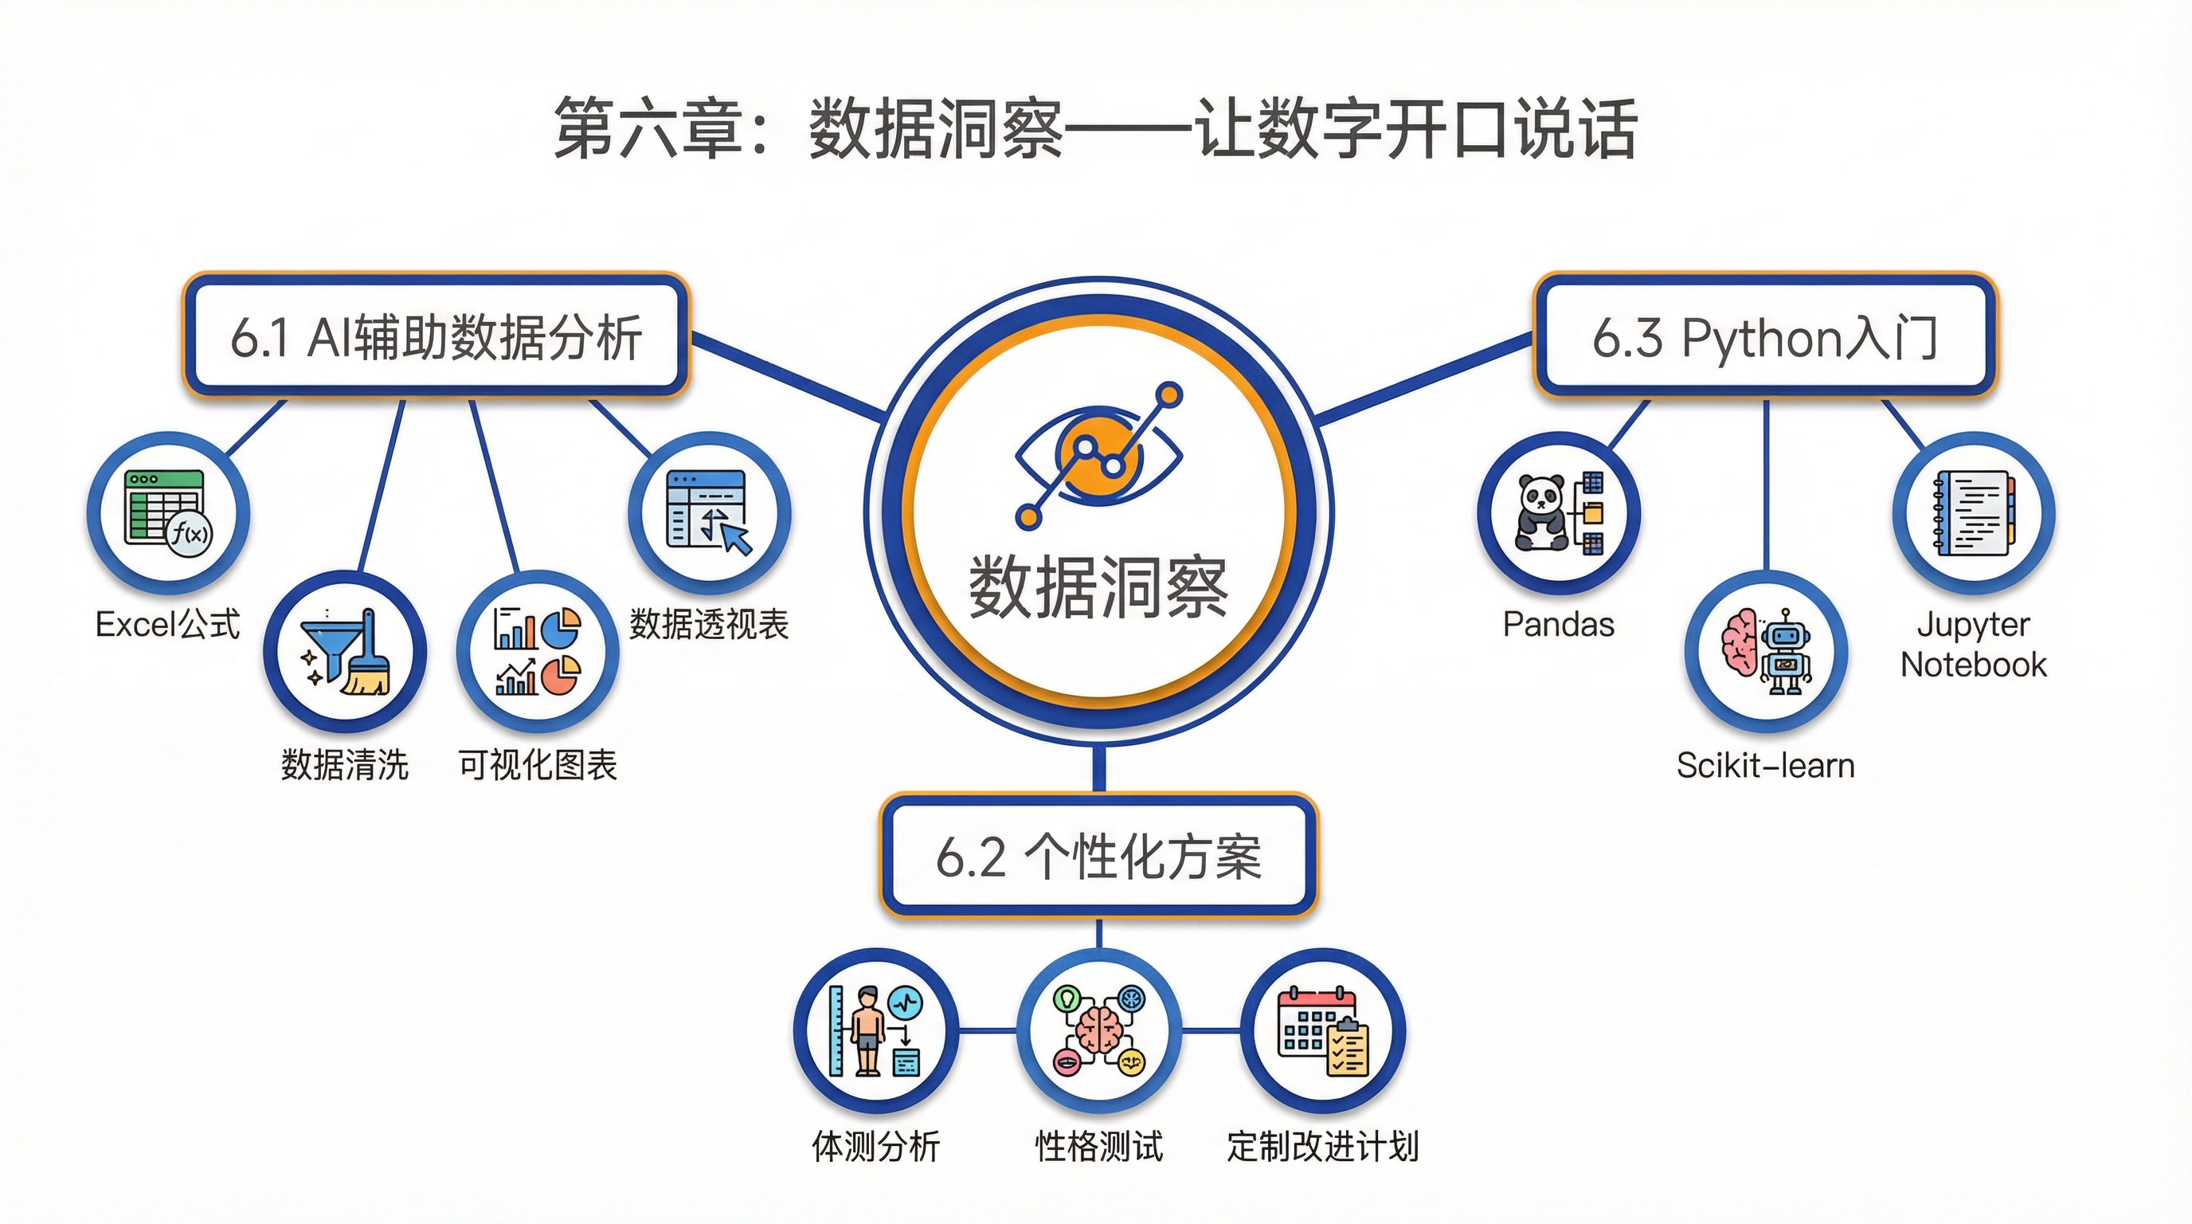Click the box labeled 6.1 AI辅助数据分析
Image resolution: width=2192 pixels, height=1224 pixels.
point(436,336)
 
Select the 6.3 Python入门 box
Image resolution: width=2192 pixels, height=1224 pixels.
point(1765,336)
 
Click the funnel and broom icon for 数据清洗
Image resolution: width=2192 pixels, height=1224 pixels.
point(345,652)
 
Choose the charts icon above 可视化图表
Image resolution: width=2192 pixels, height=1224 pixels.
point(537,652)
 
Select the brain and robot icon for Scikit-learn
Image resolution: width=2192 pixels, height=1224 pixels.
point(1767,652)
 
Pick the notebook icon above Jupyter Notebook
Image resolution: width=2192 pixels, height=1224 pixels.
point(1973,513)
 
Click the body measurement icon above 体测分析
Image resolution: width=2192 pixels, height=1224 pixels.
point(875,1031)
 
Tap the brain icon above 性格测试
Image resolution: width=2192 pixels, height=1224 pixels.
point(1099,1031)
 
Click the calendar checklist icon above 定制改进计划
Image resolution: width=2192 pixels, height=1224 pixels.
point(1322,1031)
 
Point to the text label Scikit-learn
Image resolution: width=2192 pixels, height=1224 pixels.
point(1766,766)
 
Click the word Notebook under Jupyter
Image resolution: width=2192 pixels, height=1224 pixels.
point(1973,665)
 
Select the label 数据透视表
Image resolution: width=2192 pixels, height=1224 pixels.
point(709,625)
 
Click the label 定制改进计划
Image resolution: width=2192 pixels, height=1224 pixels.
point(1322,1147)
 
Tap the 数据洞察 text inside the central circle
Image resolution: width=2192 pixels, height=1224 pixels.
point(1098,587)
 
